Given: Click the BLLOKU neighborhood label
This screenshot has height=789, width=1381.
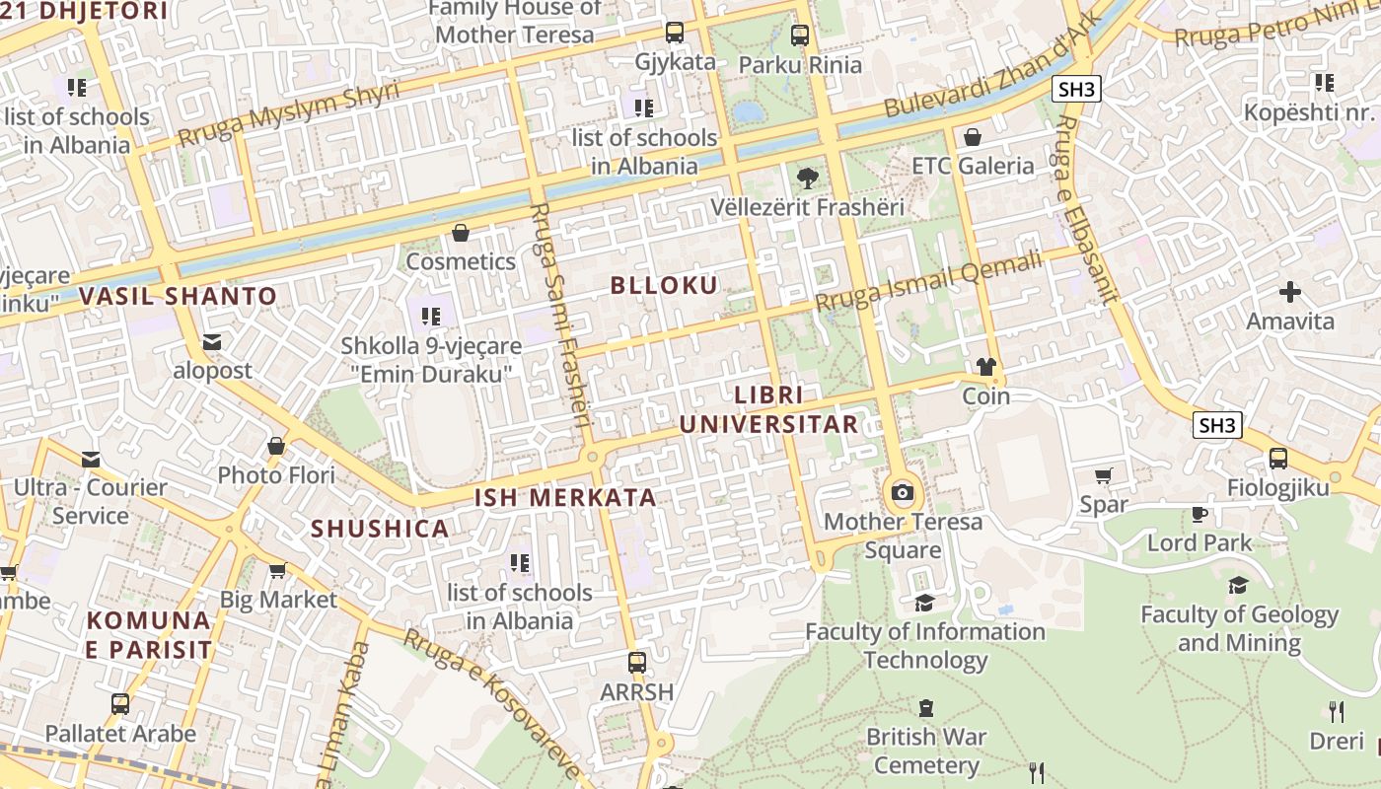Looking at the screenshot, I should tap(664, 286).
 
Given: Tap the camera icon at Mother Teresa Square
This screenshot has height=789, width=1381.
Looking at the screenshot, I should tap(902, 492).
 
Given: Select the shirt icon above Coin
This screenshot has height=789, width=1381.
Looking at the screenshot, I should tap(985, 367).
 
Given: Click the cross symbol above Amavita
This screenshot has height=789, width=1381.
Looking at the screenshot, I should tap(1289, 292).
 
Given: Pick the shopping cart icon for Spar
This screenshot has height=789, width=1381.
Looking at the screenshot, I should tap(1103, 476).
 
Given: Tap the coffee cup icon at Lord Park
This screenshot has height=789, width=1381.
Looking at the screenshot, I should tap(1199, 514).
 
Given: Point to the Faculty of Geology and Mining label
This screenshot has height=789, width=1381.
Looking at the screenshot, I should tap(1239, 628).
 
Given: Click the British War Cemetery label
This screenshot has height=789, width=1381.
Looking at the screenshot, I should tap(925, 751).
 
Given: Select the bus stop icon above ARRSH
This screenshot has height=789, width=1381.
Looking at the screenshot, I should tap(637, 662).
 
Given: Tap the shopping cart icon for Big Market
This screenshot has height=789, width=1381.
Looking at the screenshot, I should tap(277, 571).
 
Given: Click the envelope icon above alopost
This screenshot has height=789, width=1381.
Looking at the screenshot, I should tap(212, 342).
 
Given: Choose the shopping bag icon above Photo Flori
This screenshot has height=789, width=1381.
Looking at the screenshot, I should tap(276, 446).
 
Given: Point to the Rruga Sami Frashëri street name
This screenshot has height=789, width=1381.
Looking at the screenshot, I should tap(559, 316).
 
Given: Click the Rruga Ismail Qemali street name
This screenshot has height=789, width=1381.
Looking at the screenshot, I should tap(928, 281).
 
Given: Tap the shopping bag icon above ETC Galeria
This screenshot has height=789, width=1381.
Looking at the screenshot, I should tap(973, 136).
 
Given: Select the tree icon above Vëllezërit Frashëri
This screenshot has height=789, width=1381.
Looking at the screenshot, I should tap(807, 179).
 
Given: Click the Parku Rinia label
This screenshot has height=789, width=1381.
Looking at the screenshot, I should tap(800, 65).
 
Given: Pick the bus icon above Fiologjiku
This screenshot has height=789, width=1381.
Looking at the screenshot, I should tap(1277, 459).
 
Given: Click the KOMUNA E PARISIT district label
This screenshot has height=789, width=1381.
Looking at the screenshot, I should tap(148, 635).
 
